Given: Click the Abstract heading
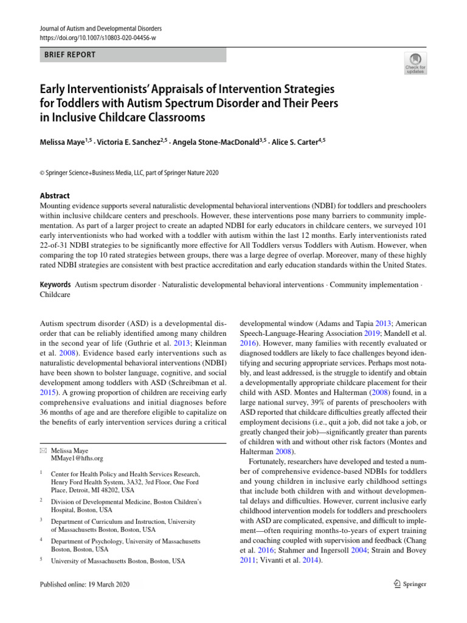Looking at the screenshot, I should [54, 195].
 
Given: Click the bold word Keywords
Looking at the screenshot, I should [54, 285].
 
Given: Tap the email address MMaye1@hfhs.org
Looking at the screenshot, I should [77, 458].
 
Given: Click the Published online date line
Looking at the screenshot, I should [85, 584].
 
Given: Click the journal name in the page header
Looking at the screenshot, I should [100, 29].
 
